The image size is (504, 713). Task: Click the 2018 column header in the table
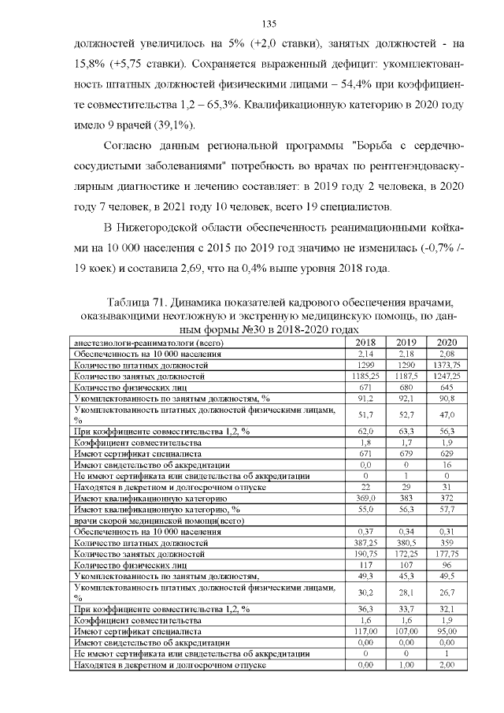(x=365, y=344)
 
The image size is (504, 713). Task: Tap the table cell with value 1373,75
(x=447, y=366)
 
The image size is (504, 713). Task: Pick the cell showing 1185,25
(x=365, y=377)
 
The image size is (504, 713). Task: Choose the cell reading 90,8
(x=447, y=399)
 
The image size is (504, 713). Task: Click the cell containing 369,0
(x=365, y=499)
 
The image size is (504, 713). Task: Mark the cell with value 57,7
(x=447, y=511)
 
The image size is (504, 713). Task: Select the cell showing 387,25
(x=365, y=544)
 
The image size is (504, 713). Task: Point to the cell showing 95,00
(x=447, y=632)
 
